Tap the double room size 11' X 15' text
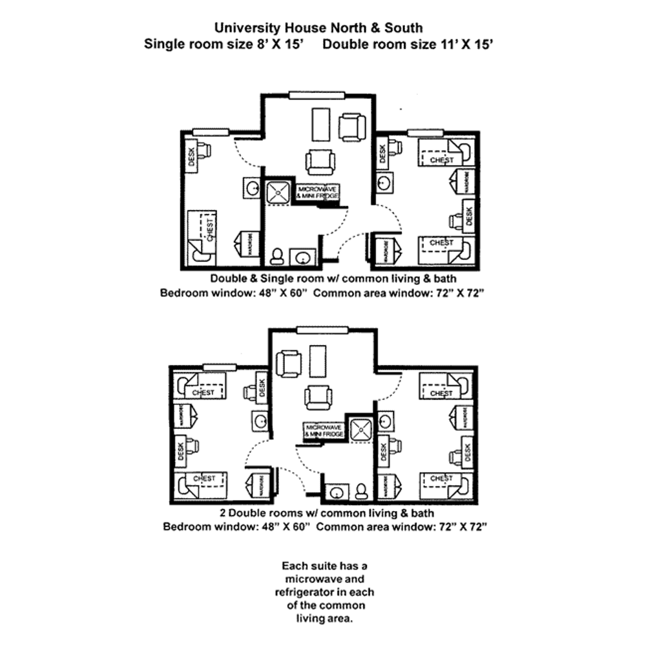(x=409, y=45)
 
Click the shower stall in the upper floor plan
(x=280, y=192)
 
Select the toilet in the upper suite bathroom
(x=278, y=256)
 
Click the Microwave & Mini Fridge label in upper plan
(x=317, y=192)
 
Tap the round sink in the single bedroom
(x=252, y=187)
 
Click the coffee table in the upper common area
(x=320, y=123)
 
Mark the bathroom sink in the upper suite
(x=302, y=257)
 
